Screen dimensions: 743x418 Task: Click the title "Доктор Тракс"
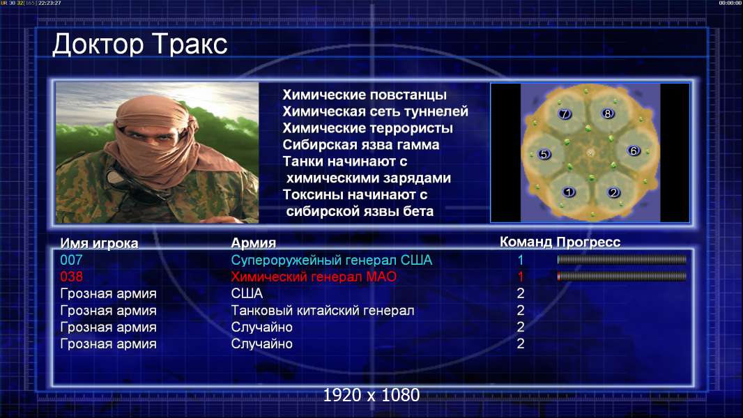tap(140, 45)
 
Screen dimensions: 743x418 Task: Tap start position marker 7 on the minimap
tap(565, 114)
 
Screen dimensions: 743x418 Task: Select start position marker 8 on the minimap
tap(608, 113)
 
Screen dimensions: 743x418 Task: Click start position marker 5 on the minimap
tap(544, 155)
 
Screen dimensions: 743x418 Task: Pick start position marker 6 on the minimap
tap(634, 150)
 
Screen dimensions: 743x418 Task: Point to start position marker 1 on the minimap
tap(569, 192)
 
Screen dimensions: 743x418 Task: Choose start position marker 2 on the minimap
tap(613, 192)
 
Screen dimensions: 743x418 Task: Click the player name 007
tap(71, 260)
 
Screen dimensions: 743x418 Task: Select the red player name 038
tap(71, 277)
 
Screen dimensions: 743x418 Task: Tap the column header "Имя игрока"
tap(99, 243)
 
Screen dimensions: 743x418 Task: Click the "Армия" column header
tap(254, 243)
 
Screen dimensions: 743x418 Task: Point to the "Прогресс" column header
tap(588, 242)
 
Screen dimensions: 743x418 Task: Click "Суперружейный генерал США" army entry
tap(332, 260)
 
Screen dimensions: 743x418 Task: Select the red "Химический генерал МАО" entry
tap(314, 277)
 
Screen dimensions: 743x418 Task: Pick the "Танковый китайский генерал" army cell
tap(323, 310)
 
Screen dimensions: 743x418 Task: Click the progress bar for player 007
tap(622, 259)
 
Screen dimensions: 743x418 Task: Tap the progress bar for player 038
tap(622, 276)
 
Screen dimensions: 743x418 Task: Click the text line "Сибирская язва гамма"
tap(361, 145)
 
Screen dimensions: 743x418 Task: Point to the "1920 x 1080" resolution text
tap(371, 395)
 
